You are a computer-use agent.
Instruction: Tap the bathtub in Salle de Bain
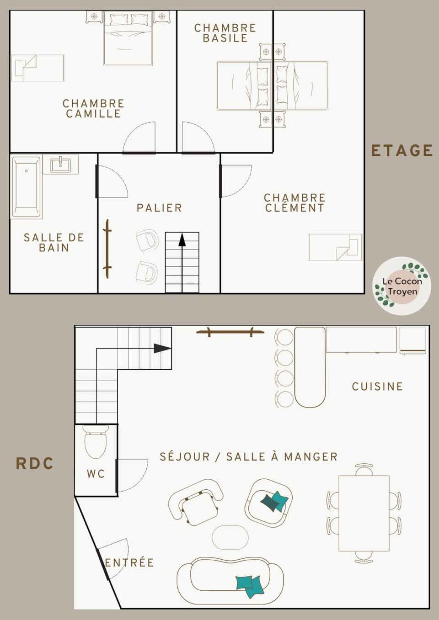pos(27,187)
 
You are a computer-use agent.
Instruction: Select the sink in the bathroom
pos(60,164)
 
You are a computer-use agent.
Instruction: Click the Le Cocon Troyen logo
pos(402,286)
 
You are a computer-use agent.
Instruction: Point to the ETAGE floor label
pos(402,150)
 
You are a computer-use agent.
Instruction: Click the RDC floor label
pos(35,463)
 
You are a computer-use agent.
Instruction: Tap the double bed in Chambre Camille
pos(128,38)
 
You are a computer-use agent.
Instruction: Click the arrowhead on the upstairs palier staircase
pos(182,240)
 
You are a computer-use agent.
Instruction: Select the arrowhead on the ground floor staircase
pos(162,348)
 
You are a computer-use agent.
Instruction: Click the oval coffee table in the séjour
pos(230,537)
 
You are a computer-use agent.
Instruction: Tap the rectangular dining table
pos(364,513)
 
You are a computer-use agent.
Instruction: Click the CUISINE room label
pos(377,387)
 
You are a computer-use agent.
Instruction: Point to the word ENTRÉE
pos(129,562)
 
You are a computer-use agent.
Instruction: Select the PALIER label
pos(159,208)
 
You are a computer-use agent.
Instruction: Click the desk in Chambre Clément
pos(335,247)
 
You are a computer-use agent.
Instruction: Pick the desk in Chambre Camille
pos(37,68)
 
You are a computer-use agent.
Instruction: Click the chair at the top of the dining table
pos(364,469)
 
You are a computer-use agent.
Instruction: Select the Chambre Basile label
pos(225,33)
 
